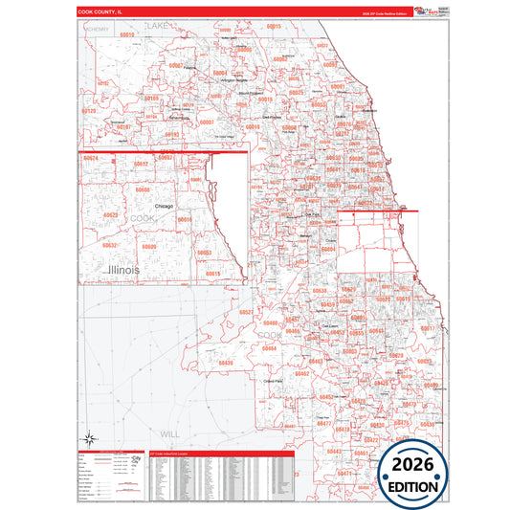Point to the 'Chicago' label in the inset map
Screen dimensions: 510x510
pos(163,206)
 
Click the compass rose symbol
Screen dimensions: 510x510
pos(90,440)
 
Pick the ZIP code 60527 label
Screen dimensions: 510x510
pos(246,313)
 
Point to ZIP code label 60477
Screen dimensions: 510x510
pos(324,423)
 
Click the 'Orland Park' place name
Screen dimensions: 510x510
pos(276,381)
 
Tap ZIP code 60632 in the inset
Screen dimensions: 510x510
pos(110,245)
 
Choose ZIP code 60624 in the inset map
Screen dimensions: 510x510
pos(91,157)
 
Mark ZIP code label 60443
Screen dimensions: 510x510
pos(334,450)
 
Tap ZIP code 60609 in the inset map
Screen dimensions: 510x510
pos(148,247)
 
